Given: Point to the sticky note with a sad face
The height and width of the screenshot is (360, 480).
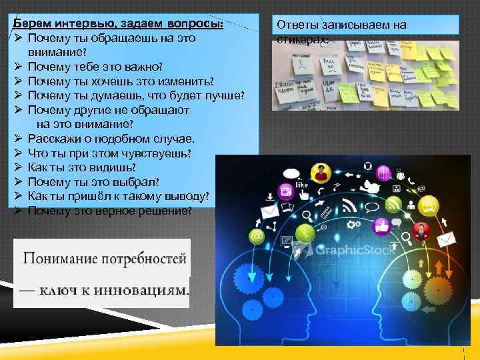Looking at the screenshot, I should (x=302, y=67).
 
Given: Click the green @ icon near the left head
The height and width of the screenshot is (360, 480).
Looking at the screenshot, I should (x=255, y=236).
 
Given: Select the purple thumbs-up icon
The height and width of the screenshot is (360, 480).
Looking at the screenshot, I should (x=381, y=226).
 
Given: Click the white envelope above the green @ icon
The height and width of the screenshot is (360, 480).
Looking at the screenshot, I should (x=269, y=212).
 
